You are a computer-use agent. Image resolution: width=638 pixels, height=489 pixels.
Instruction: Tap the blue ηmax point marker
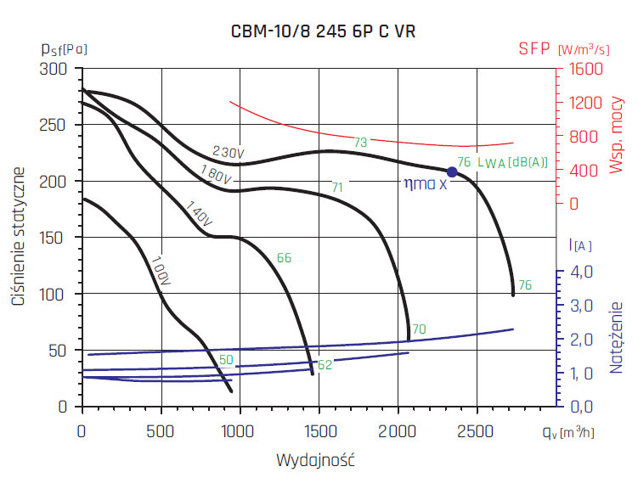[452, 171]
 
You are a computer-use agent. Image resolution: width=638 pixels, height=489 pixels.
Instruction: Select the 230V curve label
[229, 152]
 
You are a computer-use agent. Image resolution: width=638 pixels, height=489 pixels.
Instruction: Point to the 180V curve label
[217, 175]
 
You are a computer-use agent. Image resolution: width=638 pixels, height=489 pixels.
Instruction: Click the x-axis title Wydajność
[315, 461]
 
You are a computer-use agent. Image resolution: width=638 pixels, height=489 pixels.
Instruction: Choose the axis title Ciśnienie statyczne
[18, 237]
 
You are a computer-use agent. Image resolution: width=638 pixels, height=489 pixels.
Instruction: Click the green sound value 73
[360, 143]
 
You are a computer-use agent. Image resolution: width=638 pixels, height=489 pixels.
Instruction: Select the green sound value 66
[285, 257]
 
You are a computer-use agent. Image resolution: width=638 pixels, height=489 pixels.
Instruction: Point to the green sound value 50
[226, 361]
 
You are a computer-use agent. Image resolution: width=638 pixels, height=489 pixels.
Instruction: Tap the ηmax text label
[424, 183]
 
